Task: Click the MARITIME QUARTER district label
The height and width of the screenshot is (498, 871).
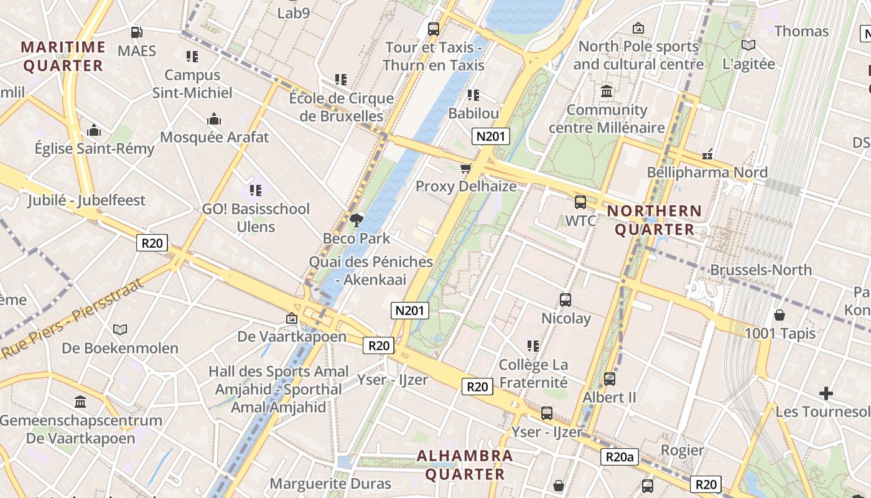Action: [62, 56]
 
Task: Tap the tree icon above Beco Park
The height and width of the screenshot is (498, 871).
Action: [356, 219]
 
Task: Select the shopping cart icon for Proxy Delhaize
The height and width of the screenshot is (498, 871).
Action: [465, 167]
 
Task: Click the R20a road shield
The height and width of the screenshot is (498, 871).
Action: [620, 458]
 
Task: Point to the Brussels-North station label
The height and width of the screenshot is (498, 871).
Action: [761, 270]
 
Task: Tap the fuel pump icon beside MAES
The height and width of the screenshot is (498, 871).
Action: [136, 32]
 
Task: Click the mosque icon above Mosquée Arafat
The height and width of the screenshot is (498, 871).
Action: [214, 119]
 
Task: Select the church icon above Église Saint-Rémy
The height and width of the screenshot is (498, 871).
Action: [95, 130]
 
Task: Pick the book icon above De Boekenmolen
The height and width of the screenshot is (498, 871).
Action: [120, 329]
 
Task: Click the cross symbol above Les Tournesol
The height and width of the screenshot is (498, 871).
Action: [826, 393]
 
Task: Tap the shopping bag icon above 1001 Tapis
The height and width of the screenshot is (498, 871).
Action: [780, 315]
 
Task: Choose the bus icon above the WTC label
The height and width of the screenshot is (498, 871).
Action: [580, 202]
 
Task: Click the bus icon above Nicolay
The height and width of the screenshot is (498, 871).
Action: [566, 300]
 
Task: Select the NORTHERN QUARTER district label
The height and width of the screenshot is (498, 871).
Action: [654, 220]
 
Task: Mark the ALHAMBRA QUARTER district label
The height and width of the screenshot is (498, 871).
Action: [465, 464]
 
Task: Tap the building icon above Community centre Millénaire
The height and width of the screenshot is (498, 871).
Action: [607, 92]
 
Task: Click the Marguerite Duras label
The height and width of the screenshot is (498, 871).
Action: [330, 484]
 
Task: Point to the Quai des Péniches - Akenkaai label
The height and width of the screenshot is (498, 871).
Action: [371, 270]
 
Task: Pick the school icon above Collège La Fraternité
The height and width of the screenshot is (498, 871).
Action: [533, 345]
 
